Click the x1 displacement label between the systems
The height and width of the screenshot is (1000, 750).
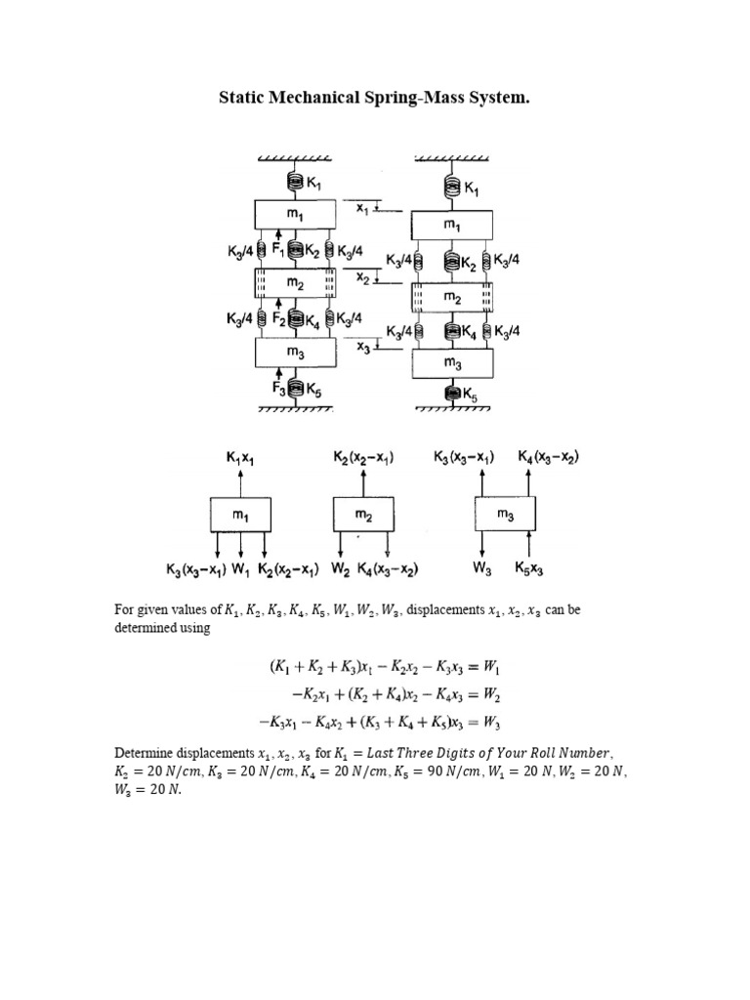(362, 207)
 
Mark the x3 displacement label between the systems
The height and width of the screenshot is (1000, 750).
(361, 348)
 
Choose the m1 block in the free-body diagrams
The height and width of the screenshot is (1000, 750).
(240, 514)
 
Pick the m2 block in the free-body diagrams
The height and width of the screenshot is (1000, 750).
(363, 514)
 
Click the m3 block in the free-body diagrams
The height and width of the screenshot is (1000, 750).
(506, 514)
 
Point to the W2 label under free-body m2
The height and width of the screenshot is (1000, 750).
(342, 567)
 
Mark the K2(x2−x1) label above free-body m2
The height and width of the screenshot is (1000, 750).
(363, 456)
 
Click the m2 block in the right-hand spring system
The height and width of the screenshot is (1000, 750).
(452, 296)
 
